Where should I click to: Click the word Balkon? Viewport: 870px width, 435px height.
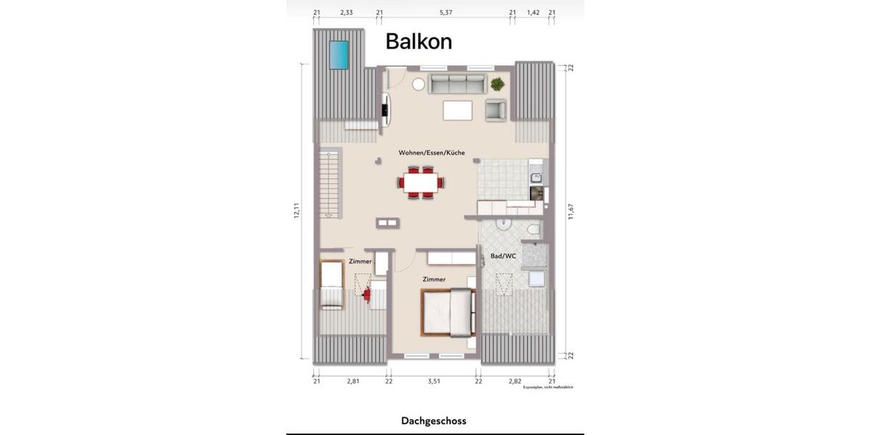coord(418,41)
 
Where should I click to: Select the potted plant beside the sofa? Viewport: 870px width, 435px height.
coord(497,84)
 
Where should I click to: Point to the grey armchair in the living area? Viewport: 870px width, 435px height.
coord(496,110)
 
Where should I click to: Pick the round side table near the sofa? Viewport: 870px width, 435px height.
coord(418,84)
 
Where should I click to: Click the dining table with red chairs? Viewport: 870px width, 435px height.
coord(421,183)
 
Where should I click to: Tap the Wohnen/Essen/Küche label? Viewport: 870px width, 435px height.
coord(431,153)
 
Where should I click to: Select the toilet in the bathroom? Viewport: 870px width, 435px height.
coord(532,229)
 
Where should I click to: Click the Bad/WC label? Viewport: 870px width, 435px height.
coord(503,256)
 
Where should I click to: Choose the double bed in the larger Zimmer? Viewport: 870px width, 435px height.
coord(448,311)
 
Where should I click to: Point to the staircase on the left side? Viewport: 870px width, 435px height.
coord(330,185)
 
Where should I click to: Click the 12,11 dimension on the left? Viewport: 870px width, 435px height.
coord(297,211)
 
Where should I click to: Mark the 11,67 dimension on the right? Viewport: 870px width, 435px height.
coord(571,211)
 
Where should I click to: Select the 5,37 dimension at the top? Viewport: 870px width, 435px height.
coord(446,12)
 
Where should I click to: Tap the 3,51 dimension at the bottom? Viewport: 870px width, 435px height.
coord(434,381)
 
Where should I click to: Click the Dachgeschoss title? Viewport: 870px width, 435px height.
coord(434,420)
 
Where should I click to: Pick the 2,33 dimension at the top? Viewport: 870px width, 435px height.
coord(347,12)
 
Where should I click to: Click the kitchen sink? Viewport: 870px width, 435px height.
coord(536,176)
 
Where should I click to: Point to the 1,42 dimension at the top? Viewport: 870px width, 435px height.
coord(533,12)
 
